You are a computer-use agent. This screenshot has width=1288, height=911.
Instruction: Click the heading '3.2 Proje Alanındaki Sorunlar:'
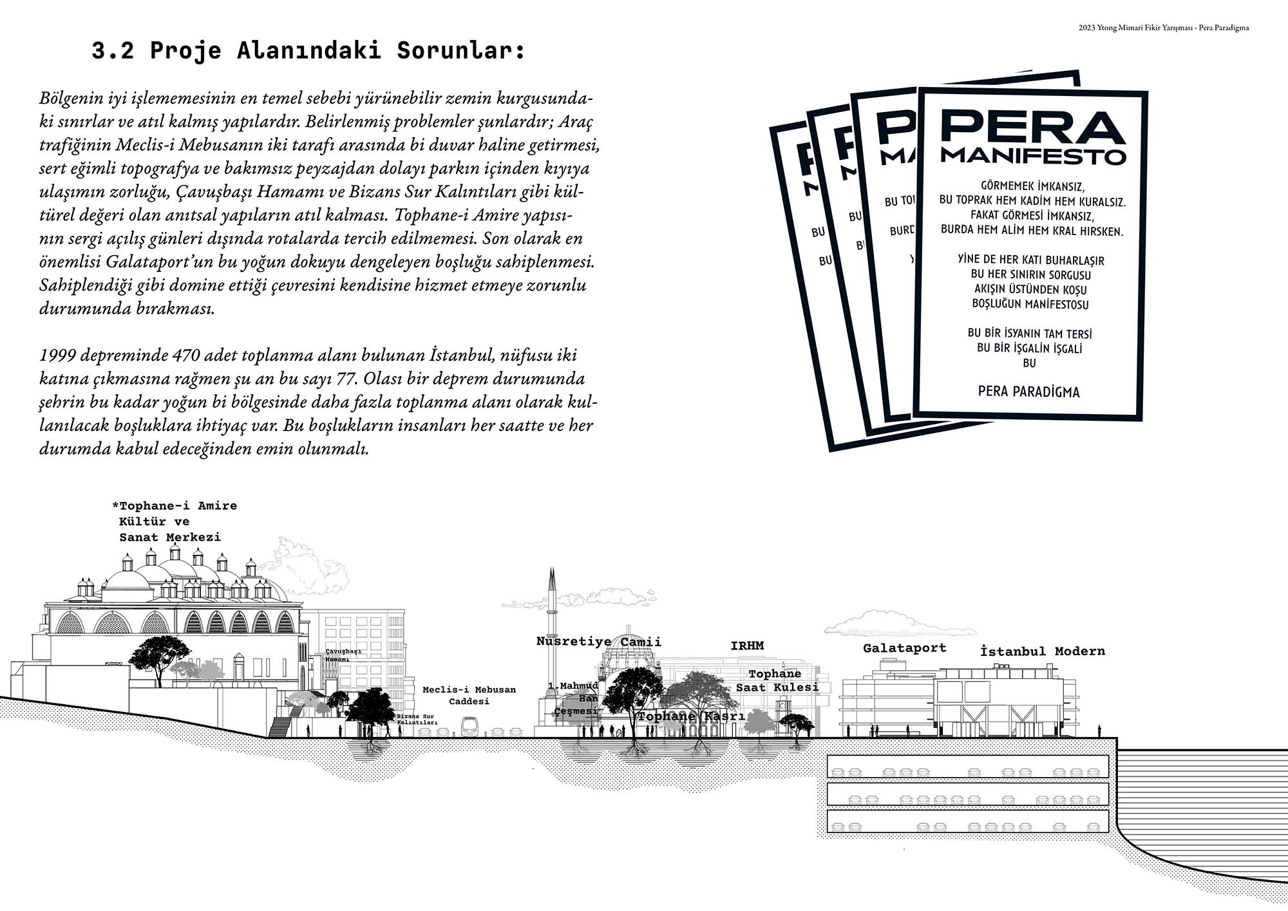coord(308,51)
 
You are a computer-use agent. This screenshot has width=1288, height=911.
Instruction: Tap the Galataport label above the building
coord(904,648)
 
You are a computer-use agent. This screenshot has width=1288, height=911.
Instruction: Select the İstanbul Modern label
coord(1042,651)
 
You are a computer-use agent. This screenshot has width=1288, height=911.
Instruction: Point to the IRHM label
coord(747,646)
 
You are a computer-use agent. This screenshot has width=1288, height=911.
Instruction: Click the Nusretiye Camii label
coord(598,642)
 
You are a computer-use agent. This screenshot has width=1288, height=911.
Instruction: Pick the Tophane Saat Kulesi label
coord(777,681)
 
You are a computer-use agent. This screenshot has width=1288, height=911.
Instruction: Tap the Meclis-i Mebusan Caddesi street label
coord(469,695)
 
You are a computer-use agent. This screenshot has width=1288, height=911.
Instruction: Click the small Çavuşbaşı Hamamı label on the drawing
coord(343,655)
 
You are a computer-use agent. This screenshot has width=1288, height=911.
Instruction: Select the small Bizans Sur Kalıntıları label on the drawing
coord(417,720)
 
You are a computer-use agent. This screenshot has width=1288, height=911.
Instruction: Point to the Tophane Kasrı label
coord(691,716)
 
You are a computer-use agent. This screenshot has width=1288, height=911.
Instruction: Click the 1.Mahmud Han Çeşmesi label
coord(573,698)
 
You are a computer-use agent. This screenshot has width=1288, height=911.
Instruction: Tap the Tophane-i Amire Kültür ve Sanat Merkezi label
coord(175,521)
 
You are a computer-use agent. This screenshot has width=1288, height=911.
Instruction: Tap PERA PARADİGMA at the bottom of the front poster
coord(1028,392)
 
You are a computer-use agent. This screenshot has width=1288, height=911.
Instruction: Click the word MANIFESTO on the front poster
coord(1033,157)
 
